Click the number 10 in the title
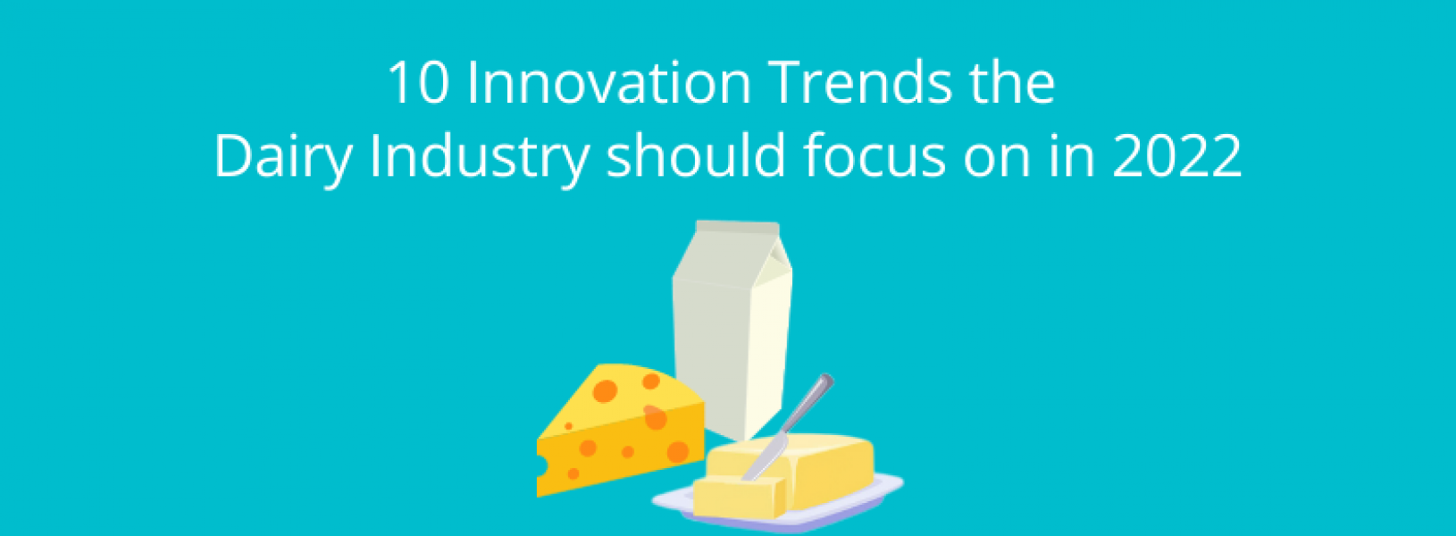[417, 83]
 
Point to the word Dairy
[283, 157]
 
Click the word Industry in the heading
[479, 157]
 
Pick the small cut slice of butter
[737, 497]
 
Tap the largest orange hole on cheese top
[607, 390]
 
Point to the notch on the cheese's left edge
[541, 465]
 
